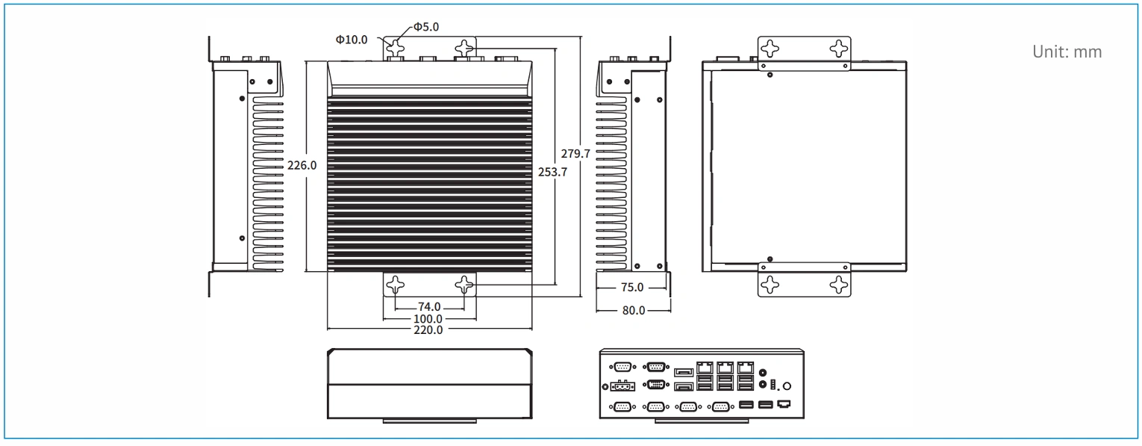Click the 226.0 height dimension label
pos(302,165)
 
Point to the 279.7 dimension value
pos(575,154)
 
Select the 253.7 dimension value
pos(552,172)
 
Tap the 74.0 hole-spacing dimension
pos(429,307)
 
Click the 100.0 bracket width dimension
pos(428,319)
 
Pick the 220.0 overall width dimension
pos(428,330)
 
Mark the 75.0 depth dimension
pos(632,288)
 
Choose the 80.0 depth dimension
pos(634,310)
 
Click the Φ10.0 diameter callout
pos(352,40)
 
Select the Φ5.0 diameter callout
pos(426,27)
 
